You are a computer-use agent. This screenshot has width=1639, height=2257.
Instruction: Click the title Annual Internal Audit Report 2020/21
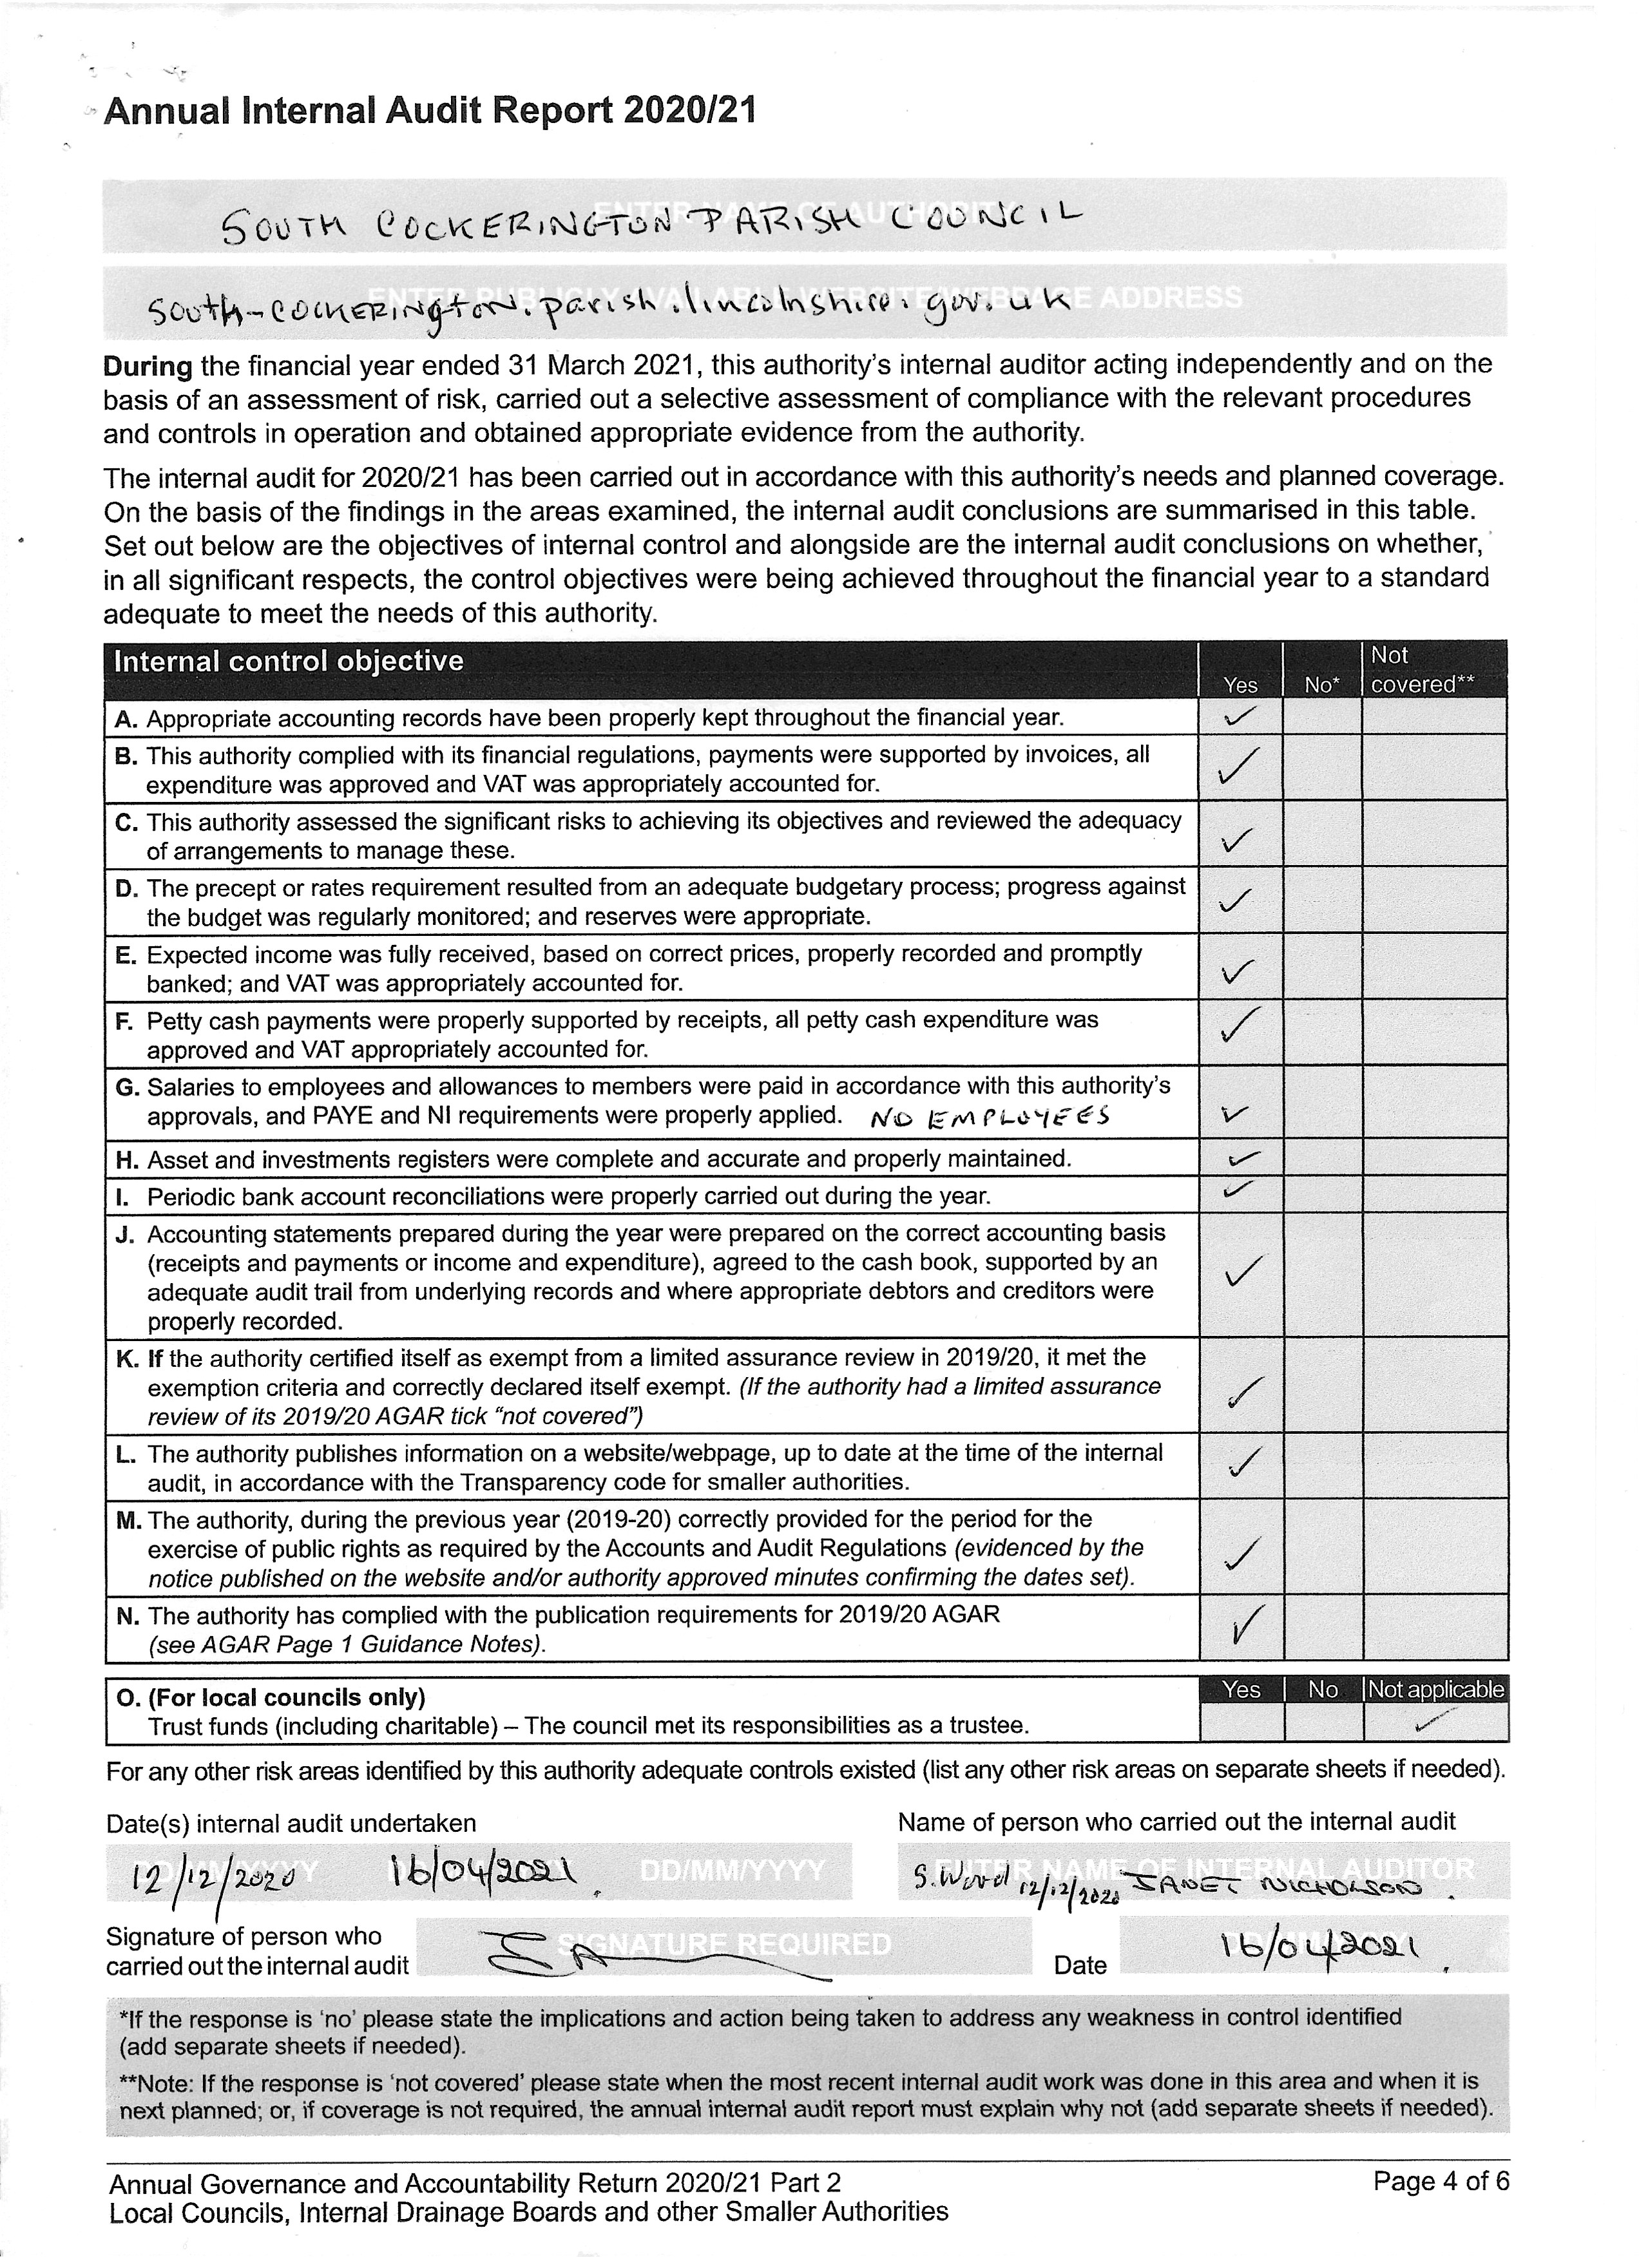pos(429,110)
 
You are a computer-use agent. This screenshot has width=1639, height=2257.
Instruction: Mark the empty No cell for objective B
pos(1321,768)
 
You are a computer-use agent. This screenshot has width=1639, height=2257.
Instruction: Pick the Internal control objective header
pos(289,662)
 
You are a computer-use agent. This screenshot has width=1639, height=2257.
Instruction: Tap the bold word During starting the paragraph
pos(148,367)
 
